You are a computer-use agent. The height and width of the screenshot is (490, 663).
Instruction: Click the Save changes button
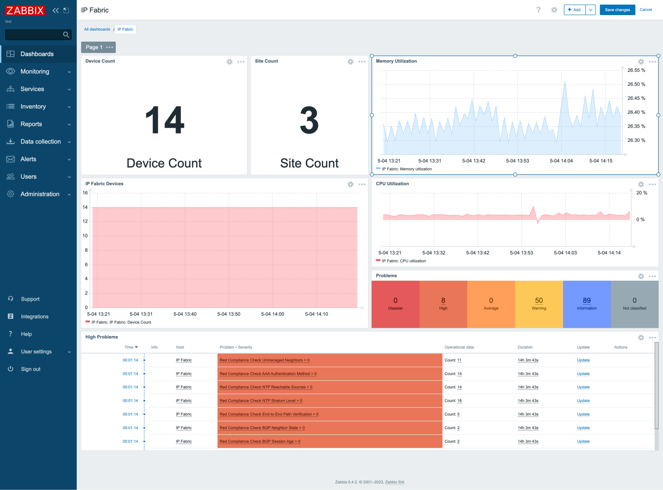617,10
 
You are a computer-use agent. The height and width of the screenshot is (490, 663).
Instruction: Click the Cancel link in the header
646,10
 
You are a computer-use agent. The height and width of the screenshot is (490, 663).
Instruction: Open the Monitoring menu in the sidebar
35,71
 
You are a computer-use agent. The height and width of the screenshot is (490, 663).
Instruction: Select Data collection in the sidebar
40,142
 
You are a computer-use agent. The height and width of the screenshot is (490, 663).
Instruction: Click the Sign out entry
30,369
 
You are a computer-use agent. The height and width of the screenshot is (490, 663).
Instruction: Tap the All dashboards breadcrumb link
97,29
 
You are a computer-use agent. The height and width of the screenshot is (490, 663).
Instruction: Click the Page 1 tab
94,47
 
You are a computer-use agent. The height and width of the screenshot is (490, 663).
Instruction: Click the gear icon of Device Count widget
230,62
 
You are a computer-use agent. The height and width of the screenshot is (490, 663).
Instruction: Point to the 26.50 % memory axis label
636,84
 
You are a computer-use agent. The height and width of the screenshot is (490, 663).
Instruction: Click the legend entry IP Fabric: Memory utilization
407,169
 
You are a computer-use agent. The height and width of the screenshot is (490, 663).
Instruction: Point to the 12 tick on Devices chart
85,221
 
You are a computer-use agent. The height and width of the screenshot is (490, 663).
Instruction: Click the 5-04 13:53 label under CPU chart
521,253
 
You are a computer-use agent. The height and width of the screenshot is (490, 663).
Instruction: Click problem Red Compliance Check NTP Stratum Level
261,401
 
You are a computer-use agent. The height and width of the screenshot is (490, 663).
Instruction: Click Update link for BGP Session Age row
583,442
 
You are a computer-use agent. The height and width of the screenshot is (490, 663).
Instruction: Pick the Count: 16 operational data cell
453,401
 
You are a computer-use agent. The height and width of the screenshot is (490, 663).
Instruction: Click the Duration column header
525,347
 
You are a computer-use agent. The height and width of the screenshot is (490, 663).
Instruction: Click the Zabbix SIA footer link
394,482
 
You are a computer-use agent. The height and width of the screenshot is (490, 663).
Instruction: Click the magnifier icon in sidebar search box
66,35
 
